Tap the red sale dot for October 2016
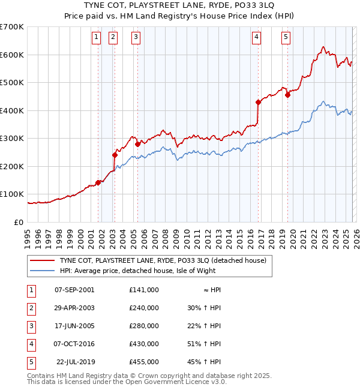click(x=258, y=102)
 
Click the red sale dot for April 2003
click(x=115, y=155)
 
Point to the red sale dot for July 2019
click(x=287, y=95)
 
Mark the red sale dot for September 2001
click(x=98, y=182)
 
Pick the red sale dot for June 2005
click(x=137, y=144)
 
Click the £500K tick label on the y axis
click(x=12, y=82)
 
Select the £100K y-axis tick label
click(x=12, y=194)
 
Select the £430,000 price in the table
click(x=144, y=344)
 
